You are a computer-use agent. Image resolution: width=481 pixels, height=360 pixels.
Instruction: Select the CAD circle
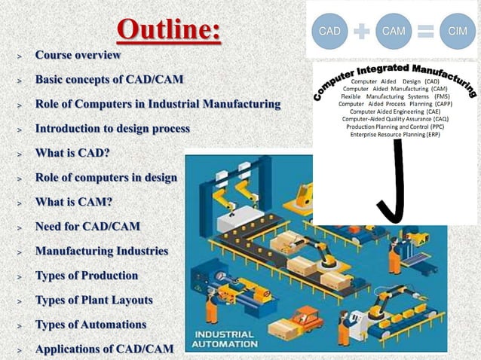click(329, 31)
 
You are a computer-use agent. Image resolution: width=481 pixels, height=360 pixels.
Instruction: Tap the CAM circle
click(394, 31)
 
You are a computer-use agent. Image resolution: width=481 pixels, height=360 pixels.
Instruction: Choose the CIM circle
click(457, 31)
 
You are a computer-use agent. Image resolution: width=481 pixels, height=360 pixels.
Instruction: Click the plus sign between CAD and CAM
click(362, 32)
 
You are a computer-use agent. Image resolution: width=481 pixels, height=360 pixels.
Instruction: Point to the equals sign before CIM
click(426, 32)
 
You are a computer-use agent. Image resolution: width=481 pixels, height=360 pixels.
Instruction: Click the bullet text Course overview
click(78, 56)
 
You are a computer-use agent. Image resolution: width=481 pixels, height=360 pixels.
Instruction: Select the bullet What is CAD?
click(72, 154)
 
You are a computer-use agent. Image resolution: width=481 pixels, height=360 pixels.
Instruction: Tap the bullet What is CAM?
click(73, 202)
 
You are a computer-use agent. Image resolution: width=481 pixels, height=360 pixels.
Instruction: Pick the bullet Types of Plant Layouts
click(93, 300)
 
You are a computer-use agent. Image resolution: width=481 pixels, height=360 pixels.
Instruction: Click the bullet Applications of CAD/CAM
click(104, 349)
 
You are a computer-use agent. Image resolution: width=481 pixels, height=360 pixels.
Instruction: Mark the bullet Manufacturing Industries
click(102, 251)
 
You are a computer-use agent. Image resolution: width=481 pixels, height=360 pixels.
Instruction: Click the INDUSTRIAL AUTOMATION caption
click(227, 340)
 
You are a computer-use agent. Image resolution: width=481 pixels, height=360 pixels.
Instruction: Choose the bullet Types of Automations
click(90, 325)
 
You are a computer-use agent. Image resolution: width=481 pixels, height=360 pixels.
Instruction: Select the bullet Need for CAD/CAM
click(87, 227)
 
